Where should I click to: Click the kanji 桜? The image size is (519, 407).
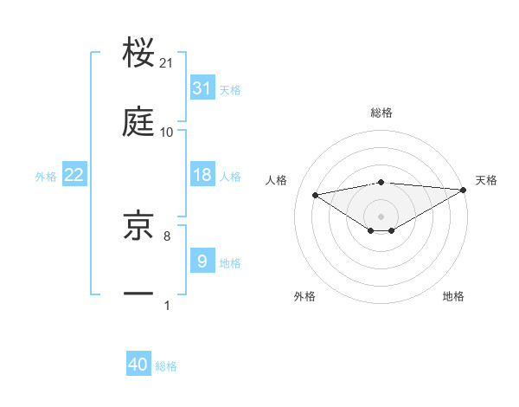click(139, 54)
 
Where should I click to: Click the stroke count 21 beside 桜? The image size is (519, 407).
click(167, 64)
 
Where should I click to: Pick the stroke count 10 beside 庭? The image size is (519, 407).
click(167, 132)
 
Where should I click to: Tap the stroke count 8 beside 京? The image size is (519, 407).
click(167, 235)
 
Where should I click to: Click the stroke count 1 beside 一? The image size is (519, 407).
click(167, 304)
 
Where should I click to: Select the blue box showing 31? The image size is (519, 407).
click(202, 87)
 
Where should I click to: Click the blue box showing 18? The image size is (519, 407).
click(202, 175)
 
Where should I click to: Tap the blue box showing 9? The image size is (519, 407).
click(202, 261)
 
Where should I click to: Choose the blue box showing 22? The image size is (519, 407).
click(74, 175)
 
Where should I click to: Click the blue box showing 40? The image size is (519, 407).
click(138, 365)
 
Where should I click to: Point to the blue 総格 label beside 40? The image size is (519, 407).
click(166, 366)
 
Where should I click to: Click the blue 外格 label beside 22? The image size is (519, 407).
click(46, 177)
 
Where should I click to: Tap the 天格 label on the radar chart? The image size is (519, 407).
click(487, 180)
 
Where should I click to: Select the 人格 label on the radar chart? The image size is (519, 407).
click(278, 180)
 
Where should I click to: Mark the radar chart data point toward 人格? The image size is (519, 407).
click(316, 194)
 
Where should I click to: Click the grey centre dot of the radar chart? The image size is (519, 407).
click(381, 216)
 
